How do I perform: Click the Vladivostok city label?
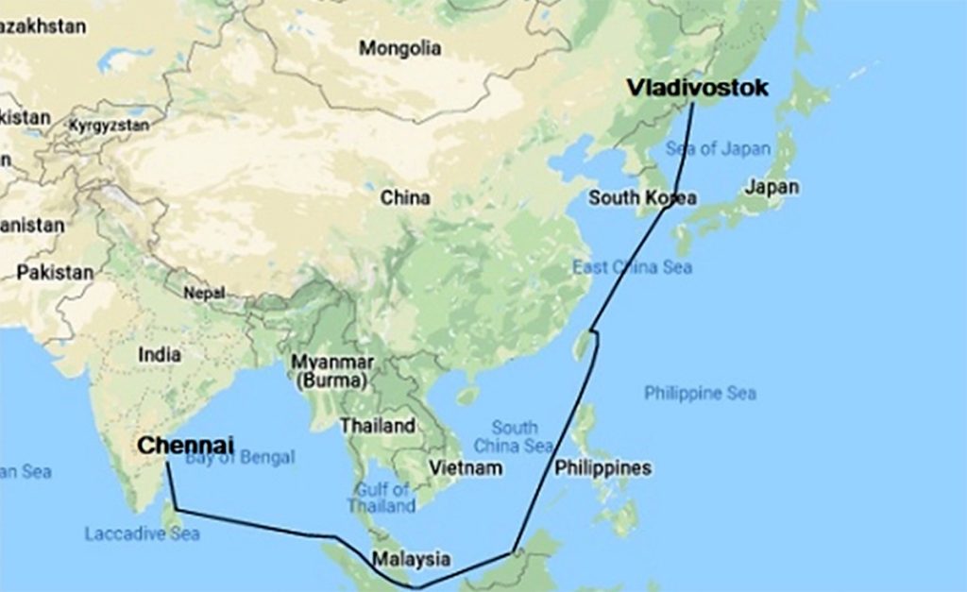(x=698, y=88)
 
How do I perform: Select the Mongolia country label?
(x=399, y=47)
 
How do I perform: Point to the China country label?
(x=405, y=197)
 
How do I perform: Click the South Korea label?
(x=642, y=197)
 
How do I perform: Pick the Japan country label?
(x=771, y=187)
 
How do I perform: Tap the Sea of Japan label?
(x=718, y=148)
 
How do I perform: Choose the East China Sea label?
(x=632, y=267)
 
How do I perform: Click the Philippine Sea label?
(x=700, y=393)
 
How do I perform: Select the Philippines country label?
(x=602, y=467)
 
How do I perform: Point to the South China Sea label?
(x=514, y=436)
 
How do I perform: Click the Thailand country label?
(x=378, y=426)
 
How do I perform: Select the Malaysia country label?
(x=411, y=559)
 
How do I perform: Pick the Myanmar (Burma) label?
(x=333, y=372)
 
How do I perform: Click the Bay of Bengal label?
(x=240, y=458)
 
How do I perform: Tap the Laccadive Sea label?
(x=142, y=533)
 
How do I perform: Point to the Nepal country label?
(x=204, y=293)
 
